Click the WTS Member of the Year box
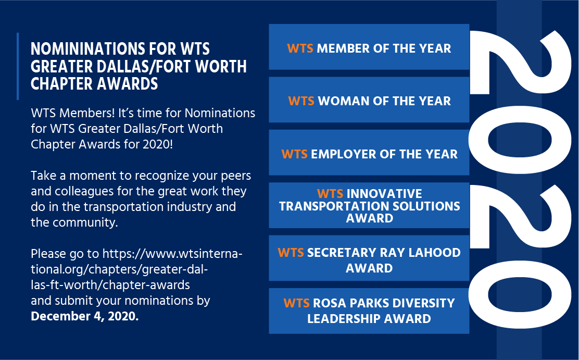[x=369, y=47]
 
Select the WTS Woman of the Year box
[x=369, y=100]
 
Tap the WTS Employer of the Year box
[x=369, y=152]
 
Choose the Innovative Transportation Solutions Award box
[x=369, y=205]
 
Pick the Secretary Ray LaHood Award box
[x=369, y=258]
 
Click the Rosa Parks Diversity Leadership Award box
[x=369, y=311]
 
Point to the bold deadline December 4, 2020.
[x=84, y=316]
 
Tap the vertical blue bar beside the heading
[x=18, y=66]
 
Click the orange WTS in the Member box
[x=300, y=48]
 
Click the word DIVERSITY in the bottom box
[x=423, y=303]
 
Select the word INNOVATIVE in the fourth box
[x=384, y=194]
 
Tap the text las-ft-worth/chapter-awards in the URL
[x=110, y=285]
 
